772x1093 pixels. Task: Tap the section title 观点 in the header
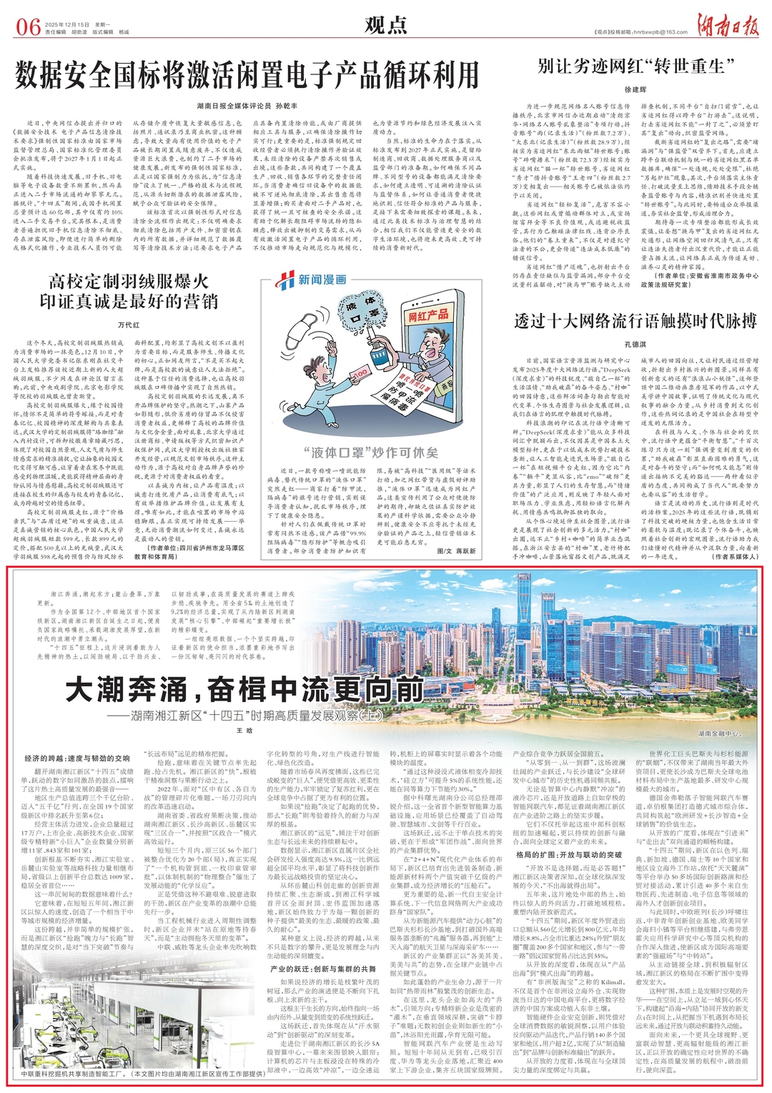click(x=385, y=26)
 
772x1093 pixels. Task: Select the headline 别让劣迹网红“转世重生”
click(x=636, y=66)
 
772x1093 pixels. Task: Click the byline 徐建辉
click(x=635, y=89)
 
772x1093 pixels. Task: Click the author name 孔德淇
click(x=635, y=344)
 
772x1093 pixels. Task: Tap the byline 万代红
click(x=129, y=325)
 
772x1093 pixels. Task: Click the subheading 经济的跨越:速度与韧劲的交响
click(x=77, y=758)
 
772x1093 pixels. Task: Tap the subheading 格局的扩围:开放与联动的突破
click(x=569, y=854)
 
